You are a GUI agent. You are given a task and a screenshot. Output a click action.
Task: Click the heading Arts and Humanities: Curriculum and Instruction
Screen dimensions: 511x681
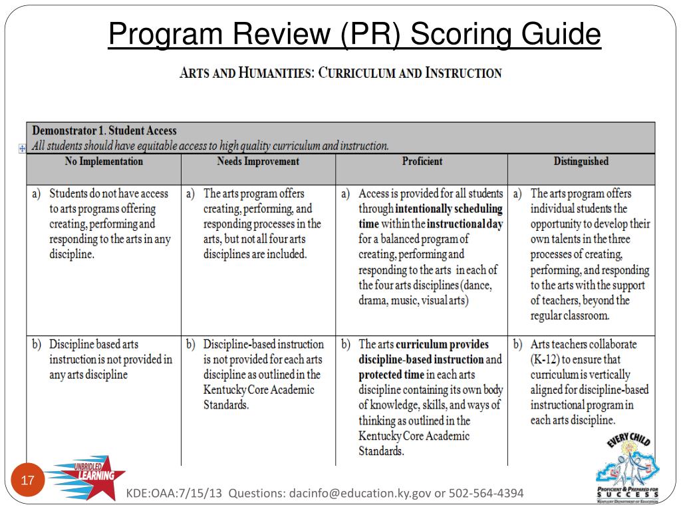[x=340, y=73]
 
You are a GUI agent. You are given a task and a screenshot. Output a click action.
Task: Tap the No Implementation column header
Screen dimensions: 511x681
[x=104, y=162]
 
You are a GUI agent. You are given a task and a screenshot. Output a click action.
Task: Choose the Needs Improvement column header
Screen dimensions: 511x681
[x=258, y=162]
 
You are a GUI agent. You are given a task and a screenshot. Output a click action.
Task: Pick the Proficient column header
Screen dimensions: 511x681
[x=422, y=162]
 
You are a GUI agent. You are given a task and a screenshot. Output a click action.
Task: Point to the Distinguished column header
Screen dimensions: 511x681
[x=581, y=162]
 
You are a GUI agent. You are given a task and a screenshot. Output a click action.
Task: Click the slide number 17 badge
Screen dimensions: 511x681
[x=28, y=480]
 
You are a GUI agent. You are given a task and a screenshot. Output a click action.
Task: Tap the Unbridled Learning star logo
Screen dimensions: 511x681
[x=86, y=476]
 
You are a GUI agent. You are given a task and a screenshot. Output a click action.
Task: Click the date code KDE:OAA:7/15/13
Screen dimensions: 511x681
[x=175, y=493]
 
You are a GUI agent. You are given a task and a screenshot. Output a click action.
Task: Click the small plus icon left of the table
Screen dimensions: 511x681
[x=22, y=148]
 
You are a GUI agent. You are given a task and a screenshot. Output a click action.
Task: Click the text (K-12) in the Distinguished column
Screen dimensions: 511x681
[x=547, y=359]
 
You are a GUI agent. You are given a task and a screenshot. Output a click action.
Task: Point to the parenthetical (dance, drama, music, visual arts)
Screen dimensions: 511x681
[x=426, y=293]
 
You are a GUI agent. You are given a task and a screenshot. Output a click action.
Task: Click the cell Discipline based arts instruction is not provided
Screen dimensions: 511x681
[x=110, y=359]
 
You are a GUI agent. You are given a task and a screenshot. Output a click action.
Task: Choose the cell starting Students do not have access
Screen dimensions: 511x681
[x=110, y=224]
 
